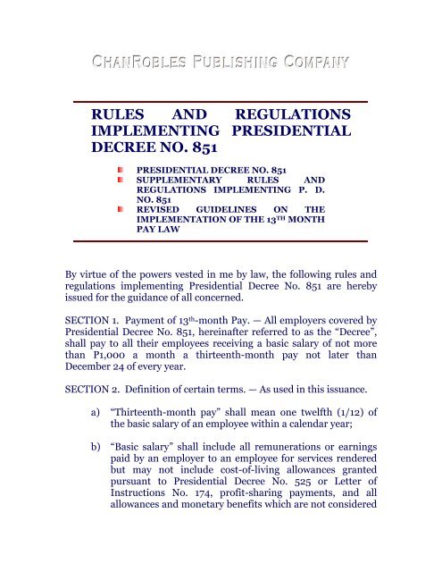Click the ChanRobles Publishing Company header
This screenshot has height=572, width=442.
(x=221, y=63)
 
